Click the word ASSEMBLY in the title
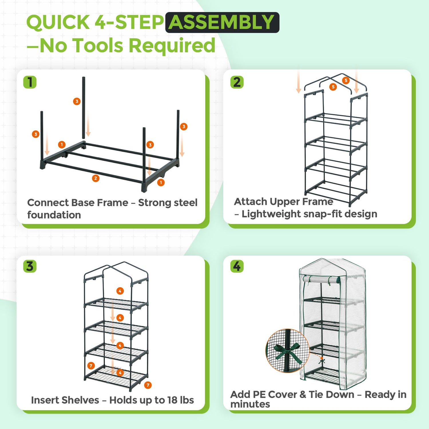[x=222, y=22]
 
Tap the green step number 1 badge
[x=30, y=82]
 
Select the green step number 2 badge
[x=237, y=82]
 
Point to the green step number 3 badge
[x=30, y=266]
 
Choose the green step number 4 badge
[x=237, y=266]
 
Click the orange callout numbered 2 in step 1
[x=96, y=178]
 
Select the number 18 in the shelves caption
[x=172, y=400]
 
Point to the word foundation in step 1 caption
[x=54, y=215]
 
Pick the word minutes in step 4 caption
[x=250, y=404]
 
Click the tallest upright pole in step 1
[x=84, y=107]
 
